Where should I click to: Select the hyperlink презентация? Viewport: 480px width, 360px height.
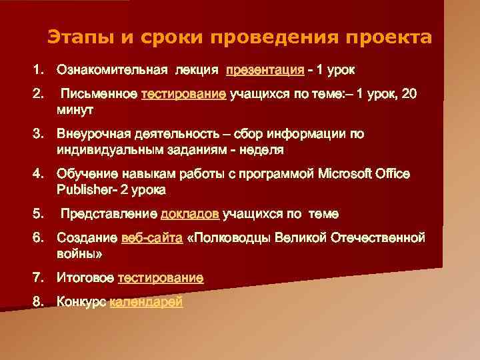[265, 69]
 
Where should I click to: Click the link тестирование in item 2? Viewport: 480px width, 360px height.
[183, 94]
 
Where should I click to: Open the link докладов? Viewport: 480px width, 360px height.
[190, 214]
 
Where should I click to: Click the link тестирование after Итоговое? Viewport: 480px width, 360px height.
[160, 277]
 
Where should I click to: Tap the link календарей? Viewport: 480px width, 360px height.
[145, 301]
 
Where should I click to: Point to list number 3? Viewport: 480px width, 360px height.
[38, 134]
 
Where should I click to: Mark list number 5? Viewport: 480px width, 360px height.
[38, 214]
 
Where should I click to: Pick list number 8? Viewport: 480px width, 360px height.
[38, 301]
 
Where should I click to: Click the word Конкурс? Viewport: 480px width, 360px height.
[81, 301]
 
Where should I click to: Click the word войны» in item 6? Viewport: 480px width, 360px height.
[79, 254]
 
